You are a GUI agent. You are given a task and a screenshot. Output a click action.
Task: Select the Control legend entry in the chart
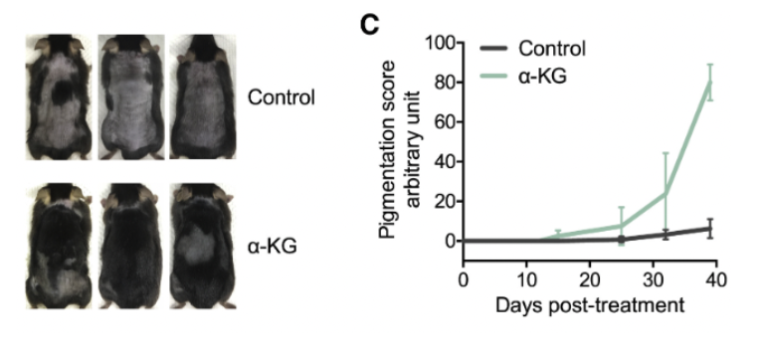click(x=545, y=48)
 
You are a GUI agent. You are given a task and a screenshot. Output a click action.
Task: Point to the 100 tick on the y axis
click(x=437, y=43)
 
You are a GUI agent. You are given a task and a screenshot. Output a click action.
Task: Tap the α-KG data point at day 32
click(x=665, y=192)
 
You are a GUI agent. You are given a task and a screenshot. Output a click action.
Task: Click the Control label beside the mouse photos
click(x=282, y=98)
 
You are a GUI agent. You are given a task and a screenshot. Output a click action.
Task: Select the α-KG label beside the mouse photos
click(x=271, y=240)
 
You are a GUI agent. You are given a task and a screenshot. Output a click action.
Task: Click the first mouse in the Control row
click(x=60, y=98)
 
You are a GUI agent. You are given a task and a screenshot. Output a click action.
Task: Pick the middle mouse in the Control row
click(x=129, y=98)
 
